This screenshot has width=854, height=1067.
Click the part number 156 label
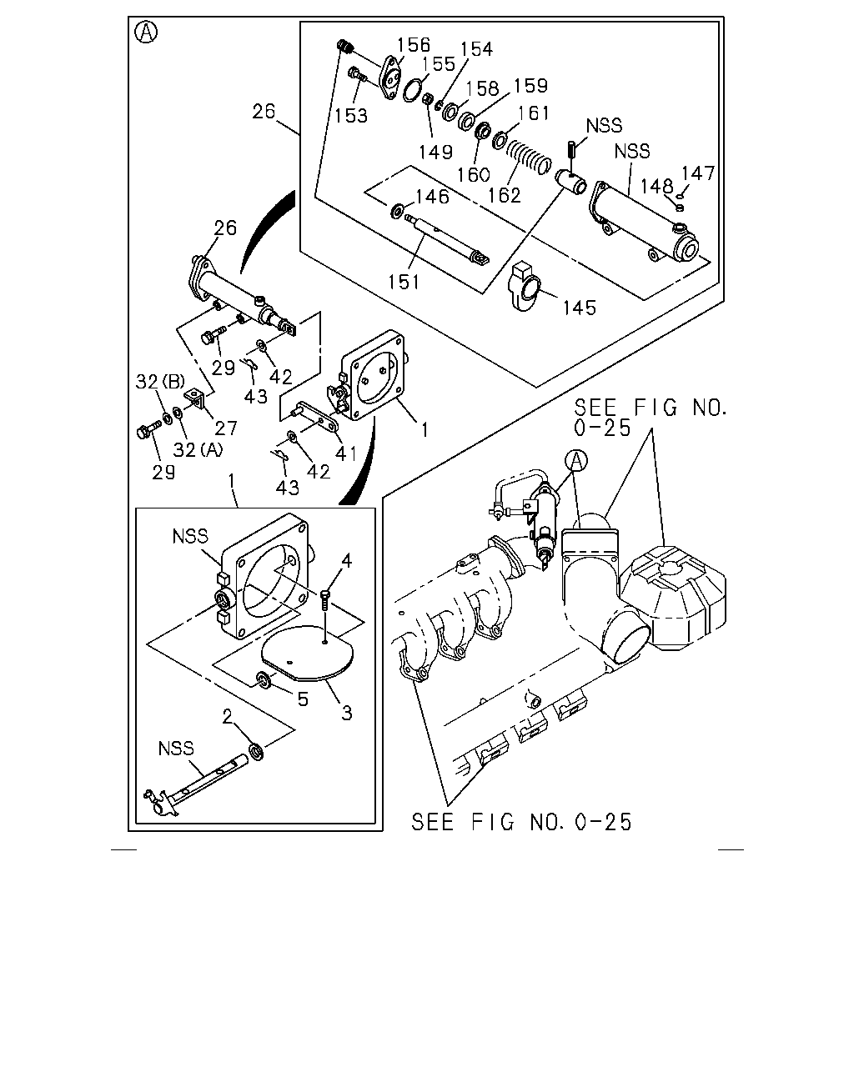414,45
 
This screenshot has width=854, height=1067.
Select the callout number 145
579,308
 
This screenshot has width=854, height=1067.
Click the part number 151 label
404,282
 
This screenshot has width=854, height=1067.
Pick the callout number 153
351,116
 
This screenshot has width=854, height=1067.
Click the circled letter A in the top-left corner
147,33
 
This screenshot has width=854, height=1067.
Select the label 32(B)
160,382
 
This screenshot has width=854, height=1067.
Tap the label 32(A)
198,449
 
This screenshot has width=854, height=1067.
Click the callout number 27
226,428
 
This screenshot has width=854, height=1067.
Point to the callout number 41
346,453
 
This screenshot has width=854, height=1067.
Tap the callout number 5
303,699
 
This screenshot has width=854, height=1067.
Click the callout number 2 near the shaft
228,716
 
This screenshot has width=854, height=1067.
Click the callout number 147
698,173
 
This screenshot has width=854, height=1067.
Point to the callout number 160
474,174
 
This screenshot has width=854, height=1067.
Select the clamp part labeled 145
524,288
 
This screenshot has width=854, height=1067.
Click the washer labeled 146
397,211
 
